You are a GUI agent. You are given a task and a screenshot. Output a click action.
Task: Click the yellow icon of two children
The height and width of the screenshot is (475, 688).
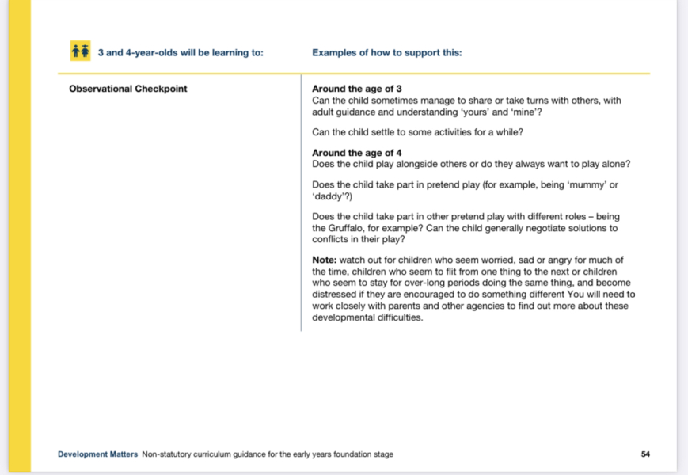click(x=80, y=51)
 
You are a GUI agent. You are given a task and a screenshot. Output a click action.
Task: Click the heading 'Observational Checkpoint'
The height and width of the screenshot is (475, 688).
click(x=128, y=89)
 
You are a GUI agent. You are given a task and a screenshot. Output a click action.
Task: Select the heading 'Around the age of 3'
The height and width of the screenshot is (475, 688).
click(x=357, y=89)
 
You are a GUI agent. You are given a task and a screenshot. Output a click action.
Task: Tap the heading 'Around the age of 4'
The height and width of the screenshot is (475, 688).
click(x=357, y=153)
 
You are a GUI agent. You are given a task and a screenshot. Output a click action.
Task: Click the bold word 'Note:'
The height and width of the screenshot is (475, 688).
click(x=325, y=260)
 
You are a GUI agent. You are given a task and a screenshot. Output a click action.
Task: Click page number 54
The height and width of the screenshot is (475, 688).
click(x=645, y=454)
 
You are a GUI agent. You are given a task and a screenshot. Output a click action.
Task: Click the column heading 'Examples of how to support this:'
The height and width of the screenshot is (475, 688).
click(x=386, y=53)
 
